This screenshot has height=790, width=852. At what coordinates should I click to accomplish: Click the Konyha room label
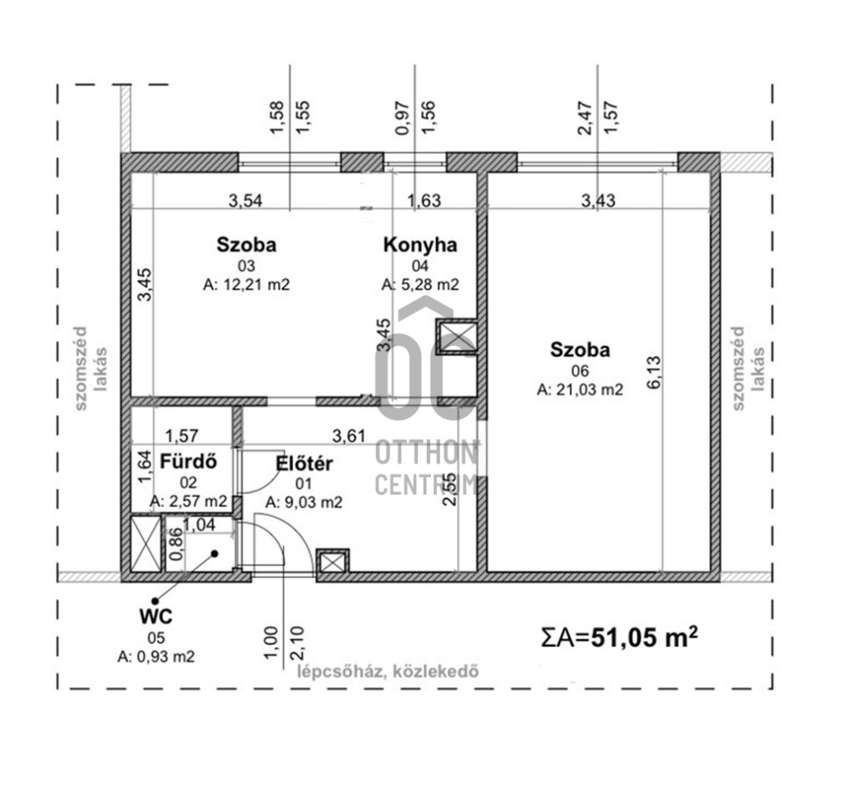[x=420, y=246]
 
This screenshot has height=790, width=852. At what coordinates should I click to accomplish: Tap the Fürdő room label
[x=188, y=462]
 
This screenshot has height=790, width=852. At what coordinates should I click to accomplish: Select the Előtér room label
[x=304, y=464]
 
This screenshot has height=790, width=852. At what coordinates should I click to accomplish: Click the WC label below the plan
[x=156, y=617]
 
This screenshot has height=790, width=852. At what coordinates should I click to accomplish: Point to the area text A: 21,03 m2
[x=580, y=390]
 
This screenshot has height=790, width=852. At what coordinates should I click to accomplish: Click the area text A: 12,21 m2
[x=246, y=285]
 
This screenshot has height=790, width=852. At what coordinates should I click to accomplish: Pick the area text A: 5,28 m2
[x=420, y=285]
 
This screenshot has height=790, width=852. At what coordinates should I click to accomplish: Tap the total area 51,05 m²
[x=644, y=636]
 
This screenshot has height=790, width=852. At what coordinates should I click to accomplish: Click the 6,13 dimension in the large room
[x=654, y=372]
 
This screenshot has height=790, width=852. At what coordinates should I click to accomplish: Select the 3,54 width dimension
[x=245, y=201]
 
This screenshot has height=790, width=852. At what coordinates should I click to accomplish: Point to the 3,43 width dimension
[x=598, y=201]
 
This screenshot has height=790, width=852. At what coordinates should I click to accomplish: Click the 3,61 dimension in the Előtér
[x=349, y=436]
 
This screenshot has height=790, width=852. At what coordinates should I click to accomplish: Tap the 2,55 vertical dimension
[x=450, y=489]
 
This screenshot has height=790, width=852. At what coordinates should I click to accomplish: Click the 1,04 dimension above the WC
[x=200, y=525]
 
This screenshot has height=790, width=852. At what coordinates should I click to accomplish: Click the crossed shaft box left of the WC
[x=146, y=544]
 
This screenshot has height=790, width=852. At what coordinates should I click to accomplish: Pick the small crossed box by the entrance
[x=333, y=562]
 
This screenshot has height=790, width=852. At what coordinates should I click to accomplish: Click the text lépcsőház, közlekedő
[x=388, y=671]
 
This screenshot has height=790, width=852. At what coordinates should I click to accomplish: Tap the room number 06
[x=580, y=370]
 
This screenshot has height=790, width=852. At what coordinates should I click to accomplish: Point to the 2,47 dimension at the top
[x=585, y=118]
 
